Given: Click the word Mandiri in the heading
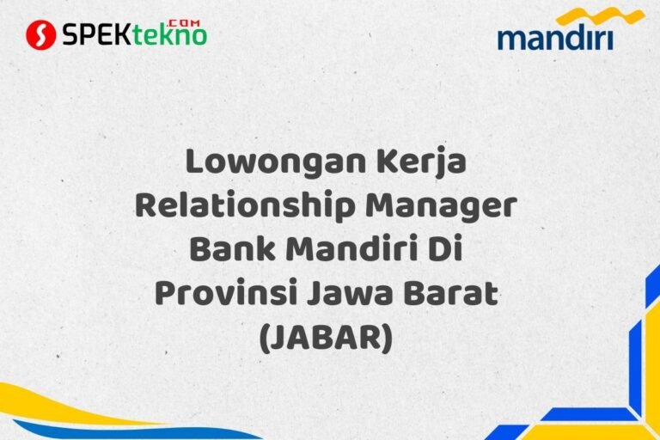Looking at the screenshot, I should click(x=355, y=252).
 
